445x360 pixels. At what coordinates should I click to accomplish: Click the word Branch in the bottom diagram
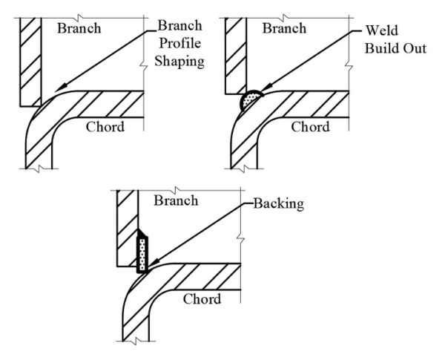tap(176, 200)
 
